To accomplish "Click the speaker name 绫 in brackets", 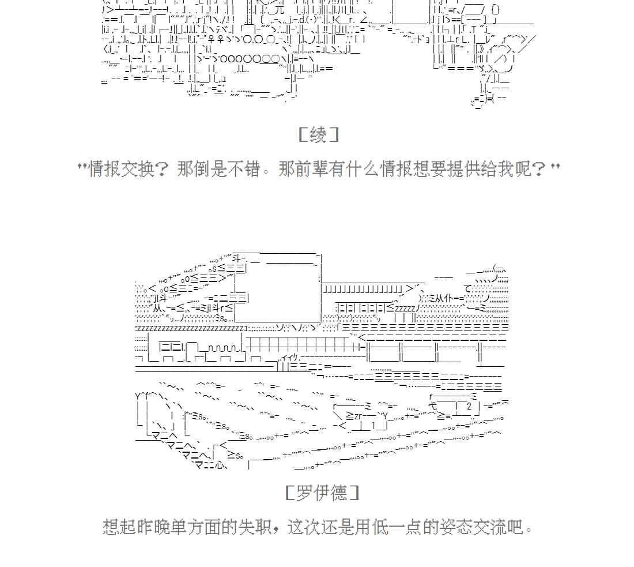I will (318, 136).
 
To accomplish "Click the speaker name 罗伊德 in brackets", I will (322, 493).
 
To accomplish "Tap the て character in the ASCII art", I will (467, 288).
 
